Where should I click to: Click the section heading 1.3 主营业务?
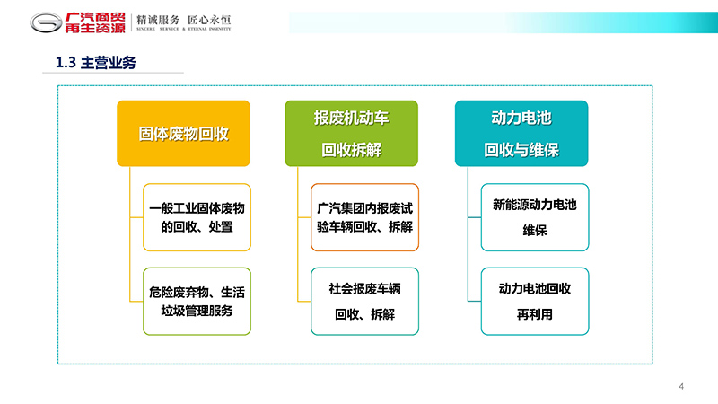[96, 63]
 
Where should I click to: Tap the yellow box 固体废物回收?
[184, 133]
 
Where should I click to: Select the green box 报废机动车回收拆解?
[351, 133]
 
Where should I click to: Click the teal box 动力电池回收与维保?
[521, 133]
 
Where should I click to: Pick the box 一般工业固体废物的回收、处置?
[197, 217]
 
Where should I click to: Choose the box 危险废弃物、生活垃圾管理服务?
[197, 302]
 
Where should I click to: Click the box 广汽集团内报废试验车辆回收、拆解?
[365, 217]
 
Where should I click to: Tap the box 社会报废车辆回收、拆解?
[365, 302]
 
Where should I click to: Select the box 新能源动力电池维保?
[535, 217]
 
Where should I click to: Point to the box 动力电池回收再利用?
[535, 302]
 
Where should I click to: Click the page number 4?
[681, 387]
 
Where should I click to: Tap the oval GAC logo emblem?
[46, 22]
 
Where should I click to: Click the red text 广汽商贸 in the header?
[95, 17]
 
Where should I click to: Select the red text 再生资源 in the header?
[95, 28]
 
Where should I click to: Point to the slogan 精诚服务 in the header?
[158, 20]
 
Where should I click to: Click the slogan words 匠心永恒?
[209, 20]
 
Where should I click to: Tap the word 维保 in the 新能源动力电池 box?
[535, 230]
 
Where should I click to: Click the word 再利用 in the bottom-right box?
[535, 314]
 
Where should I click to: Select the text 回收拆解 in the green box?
[351, 150]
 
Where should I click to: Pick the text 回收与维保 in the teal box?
[521, 150]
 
